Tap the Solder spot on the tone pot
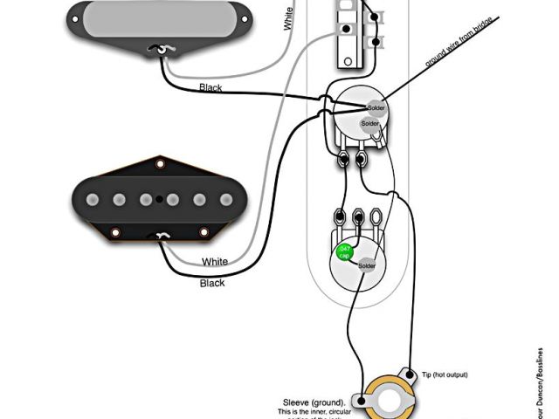point(367,265)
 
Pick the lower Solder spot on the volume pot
point(370,124)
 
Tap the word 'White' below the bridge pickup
point(215,261)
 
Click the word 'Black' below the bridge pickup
point(212,283)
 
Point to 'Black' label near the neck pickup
point(210,87)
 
